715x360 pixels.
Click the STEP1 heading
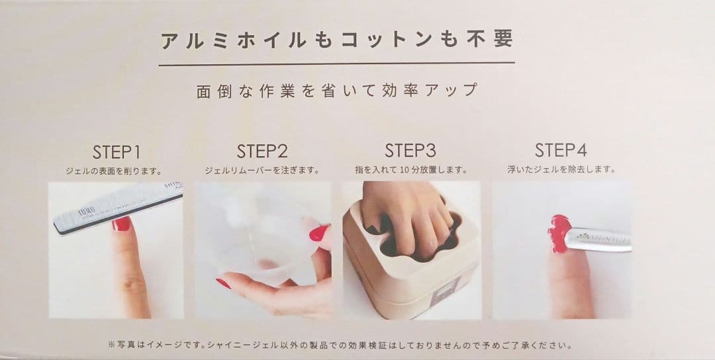point(117,152)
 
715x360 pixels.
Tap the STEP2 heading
point(262,152)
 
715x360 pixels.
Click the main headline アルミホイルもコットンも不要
point(337,40)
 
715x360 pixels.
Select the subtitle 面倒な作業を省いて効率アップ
point(337,90)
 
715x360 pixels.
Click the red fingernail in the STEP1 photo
point(121,224)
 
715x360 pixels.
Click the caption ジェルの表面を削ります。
point(114,171)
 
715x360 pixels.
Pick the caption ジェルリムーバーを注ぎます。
point(262,171)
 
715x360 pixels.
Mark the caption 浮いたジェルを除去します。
point(561,169)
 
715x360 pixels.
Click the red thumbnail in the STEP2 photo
point(318,234)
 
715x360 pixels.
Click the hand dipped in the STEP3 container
point(408,214)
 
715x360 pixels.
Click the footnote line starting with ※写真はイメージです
point(339,345)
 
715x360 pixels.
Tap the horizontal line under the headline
point(336,64)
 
